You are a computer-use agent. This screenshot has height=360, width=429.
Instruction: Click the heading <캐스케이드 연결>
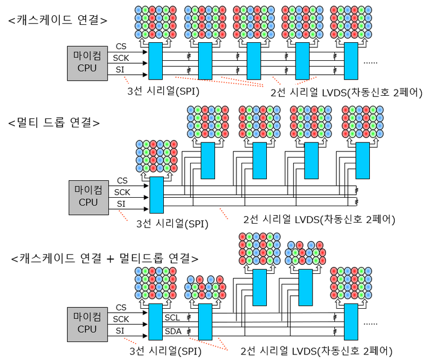[x=57, y=19]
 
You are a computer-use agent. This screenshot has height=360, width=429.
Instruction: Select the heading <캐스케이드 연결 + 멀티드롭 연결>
[x=104, y=259]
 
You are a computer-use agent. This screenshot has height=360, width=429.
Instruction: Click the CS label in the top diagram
[x=121, y=46]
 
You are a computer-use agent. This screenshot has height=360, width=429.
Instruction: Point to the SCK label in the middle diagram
[x=122, y=192]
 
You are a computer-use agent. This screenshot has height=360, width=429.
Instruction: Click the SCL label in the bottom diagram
[x=172, y=318]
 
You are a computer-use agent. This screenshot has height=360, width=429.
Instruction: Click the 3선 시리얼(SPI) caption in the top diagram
[x=164, y=88]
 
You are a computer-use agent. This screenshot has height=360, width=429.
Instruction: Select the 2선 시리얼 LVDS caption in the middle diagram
[x=319, y=219]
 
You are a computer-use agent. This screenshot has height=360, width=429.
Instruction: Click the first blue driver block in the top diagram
[x=154, y=60]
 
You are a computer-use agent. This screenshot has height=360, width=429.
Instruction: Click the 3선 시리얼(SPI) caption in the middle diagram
[x=172, y=223]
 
